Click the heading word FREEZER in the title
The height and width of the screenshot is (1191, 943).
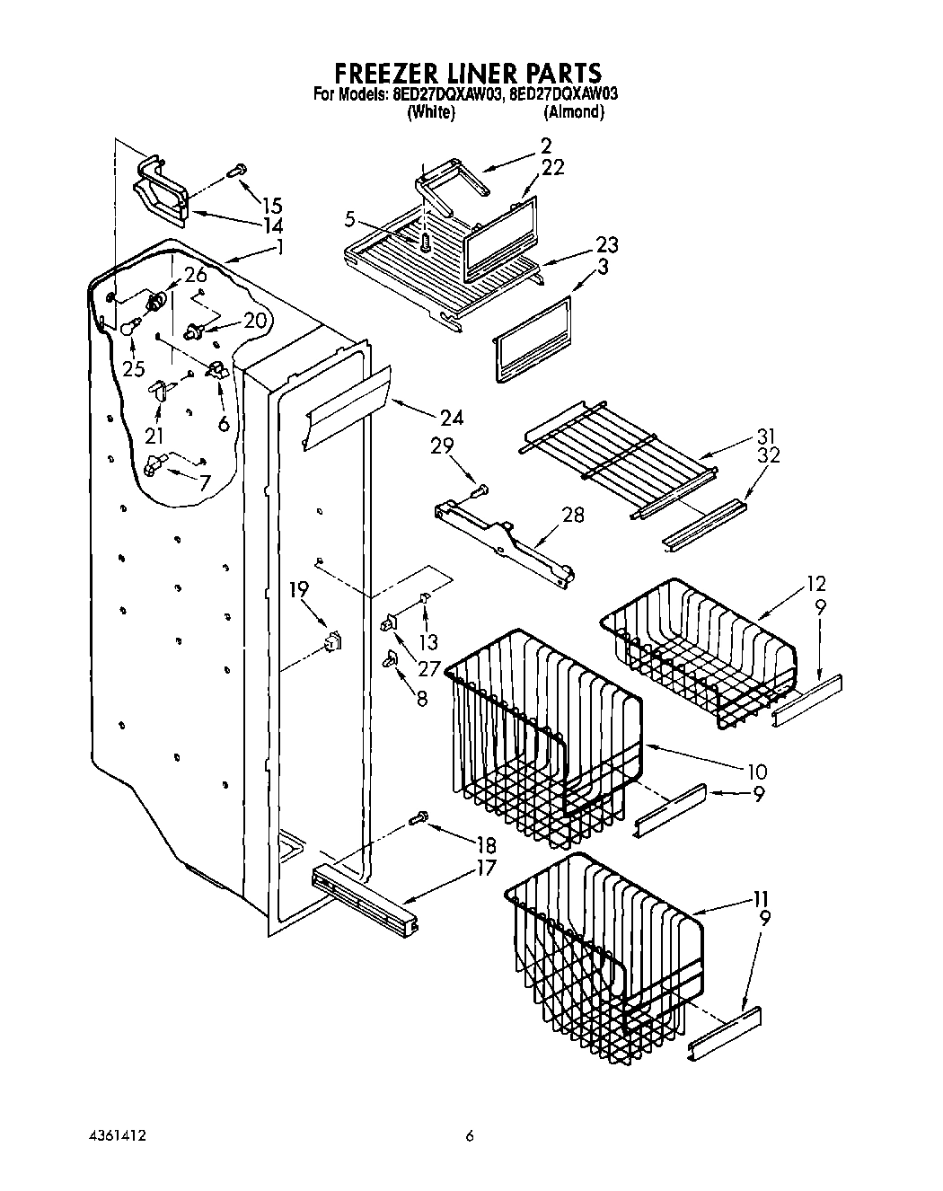tap(388, 72)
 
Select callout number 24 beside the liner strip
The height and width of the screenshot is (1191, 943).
tap(452, 417)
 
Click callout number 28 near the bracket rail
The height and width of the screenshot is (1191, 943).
tap(571, 515)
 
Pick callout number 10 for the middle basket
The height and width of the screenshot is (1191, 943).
tap(756, 771)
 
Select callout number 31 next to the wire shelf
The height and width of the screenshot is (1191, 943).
tap(766, 437)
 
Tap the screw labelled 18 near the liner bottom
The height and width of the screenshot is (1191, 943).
tap(419, 817)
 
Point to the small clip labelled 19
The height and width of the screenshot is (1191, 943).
tap(334, 640)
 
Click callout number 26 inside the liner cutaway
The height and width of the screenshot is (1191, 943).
tap(196, 276)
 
